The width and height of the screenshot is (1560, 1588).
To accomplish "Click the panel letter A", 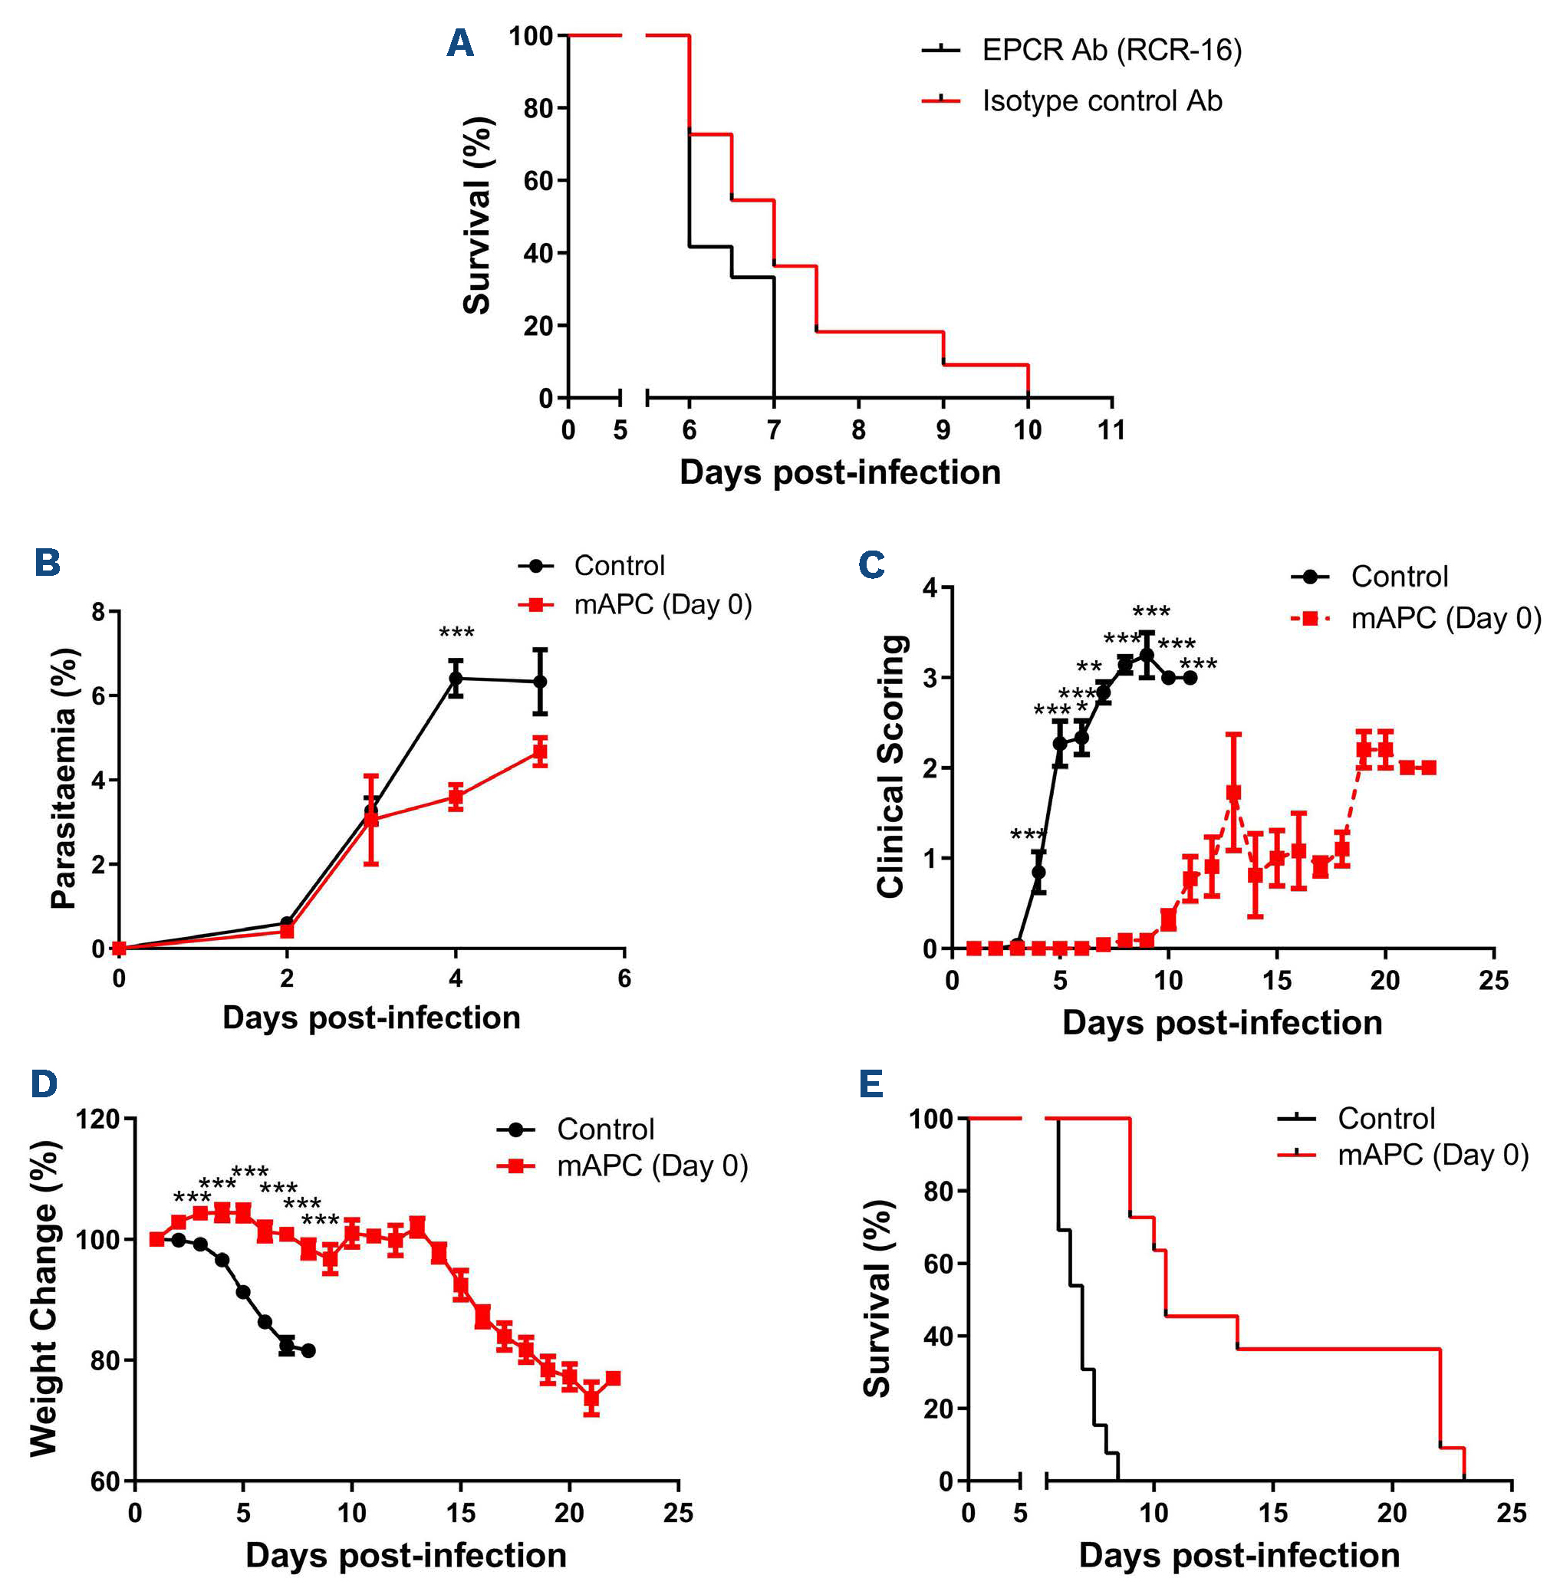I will (459, 43).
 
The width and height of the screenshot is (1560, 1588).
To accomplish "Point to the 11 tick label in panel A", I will (1111, 429).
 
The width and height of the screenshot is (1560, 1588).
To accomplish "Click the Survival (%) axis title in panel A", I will (477, 215).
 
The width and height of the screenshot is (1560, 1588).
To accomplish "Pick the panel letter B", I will (48, 563).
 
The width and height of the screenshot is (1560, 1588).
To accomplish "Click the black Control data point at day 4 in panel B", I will (456, 678).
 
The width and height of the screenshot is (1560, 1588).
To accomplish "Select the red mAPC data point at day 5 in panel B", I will (540, 751).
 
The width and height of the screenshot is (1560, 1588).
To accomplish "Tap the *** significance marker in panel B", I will (456, 633).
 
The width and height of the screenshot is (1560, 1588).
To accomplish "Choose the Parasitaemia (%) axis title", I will (64, 778).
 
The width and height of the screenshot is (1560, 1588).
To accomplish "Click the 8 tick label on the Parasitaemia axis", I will (98, 612).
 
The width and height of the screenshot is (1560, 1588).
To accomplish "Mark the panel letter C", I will (871, 564).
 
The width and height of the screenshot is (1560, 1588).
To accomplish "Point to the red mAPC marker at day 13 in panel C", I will (1233, 794).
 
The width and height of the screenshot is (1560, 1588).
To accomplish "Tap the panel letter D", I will (44, 1083).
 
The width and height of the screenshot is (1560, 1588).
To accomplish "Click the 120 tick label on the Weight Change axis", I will (97, 1119).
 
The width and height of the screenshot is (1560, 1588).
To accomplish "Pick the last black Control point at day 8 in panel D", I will (309, 1350).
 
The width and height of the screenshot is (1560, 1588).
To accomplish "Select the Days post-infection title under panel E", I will (1239, 1555).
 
